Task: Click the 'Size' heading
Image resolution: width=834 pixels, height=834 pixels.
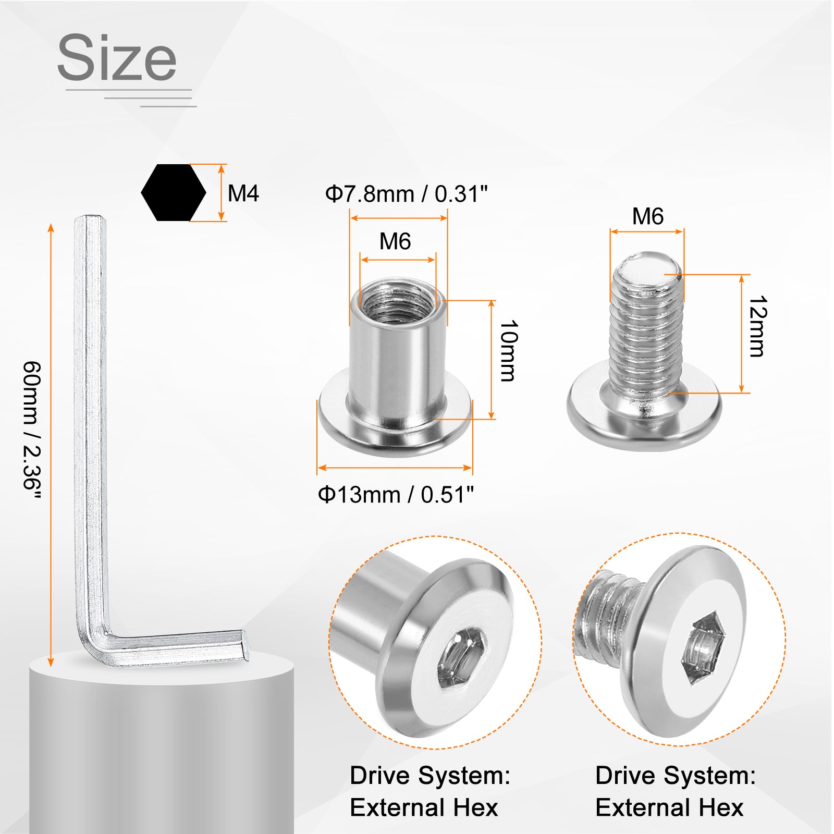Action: (x=117, y=57)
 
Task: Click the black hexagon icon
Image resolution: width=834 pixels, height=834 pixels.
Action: (x=174, y=193)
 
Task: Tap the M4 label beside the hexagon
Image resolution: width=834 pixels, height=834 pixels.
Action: (x=243, y=193)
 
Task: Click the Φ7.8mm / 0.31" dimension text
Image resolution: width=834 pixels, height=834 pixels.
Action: (x=407, y=194)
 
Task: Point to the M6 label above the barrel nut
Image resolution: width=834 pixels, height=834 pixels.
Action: (x=395, y=241)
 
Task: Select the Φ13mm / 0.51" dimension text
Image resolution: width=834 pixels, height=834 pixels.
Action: (x=396, y=494)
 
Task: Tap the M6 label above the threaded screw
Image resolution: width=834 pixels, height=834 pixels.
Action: (x=648, y=216)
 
